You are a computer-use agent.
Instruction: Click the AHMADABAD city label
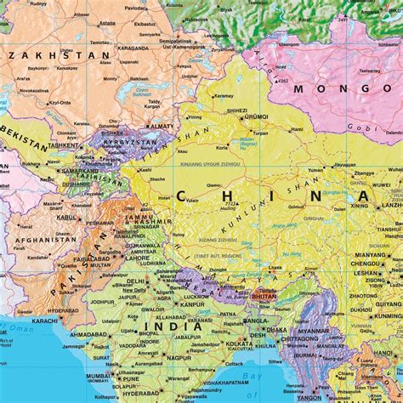[x=88, y=334]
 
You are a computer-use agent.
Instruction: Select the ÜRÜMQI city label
[x=258, y=117]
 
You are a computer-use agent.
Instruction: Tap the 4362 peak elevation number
[x=284, y=82]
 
